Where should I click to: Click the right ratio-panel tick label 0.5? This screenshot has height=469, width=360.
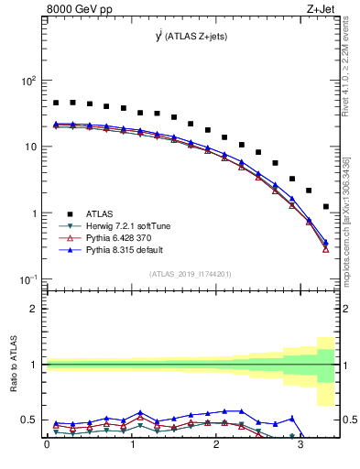pos(349,420)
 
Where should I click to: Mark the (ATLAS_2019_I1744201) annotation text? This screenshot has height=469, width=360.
pos(191,273)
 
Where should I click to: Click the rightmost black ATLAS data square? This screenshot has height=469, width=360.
pos(325,206)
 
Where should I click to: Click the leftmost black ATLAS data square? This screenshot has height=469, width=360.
pos(56,103)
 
